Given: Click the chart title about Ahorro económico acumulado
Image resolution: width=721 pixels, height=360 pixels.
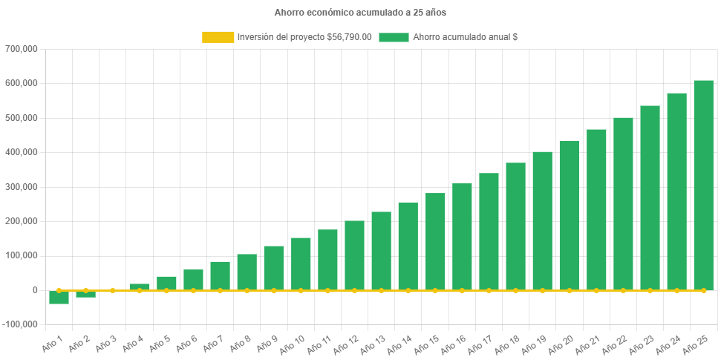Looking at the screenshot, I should [360, 13].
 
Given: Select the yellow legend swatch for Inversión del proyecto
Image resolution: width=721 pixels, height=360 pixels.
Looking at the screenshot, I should [217, 37].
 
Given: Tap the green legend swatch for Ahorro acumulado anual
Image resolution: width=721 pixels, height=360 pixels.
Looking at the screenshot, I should [394, 37].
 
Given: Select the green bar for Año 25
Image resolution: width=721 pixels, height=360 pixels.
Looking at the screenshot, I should [703, 186].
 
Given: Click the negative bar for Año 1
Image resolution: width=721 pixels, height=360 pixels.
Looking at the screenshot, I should [59, 298].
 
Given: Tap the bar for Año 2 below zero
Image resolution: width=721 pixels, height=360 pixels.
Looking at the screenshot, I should [85, 294].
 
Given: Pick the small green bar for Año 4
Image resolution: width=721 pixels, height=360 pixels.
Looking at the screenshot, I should [140, 287].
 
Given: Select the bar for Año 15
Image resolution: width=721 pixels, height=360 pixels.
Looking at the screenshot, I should [435, 241].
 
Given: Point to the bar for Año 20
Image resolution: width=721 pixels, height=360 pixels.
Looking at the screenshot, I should [570, 215].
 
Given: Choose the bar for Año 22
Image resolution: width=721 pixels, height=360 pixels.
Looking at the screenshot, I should [623, 203].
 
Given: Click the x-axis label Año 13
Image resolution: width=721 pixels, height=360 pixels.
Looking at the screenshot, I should [372, 344].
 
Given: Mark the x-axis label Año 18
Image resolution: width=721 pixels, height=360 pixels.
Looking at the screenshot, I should [506, 344].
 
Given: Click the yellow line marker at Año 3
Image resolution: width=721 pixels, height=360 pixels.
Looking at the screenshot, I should [112, 290].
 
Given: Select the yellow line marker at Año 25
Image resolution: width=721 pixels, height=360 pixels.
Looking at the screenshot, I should [703, 290].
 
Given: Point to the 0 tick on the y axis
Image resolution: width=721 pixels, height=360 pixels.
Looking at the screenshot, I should [34, 290].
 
